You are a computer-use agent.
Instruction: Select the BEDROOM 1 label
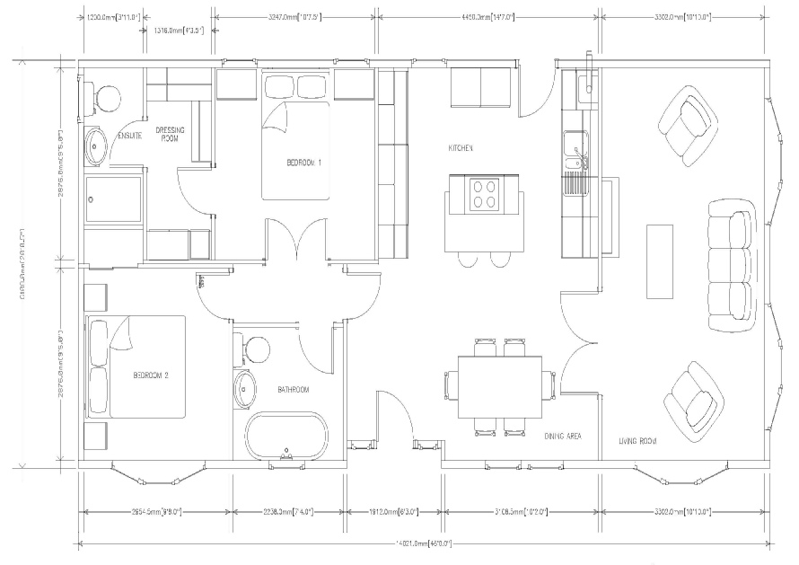click(304, 163)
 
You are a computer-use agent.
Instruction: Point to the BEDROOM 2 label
click(151, 375)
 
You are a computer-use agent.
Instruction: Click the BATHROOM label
click(293, 390)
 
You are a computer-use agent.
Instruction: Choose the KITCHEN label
click(461, 147)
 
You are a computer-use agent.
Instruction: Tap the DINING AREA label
click(563, 437)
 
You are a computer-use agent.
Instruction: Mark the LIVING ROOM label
click(637, 441)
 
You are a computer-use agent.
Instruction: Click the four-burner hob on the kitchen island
click(486, 194)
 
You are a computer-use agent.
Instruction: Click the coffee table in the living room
click(660, 261)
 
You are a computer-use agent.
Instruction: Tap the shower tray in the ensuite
click(113, 199)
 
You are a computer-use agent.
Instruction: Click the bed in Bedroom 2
click(135, 366)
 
